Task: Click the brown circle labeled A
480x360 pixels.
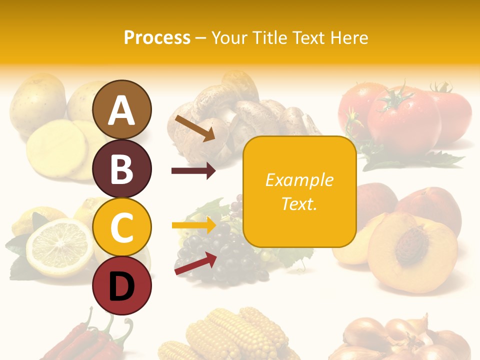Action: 122,109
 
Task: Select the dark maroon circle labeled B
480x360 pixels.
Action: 122,168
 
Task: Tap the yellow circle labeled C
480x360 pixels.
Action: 122,227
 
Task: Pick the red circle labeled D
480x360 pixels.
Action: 122,286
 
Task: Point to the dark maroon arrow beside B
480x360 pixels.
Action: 193,171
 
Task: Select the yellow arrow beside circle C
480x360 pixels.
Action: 193,225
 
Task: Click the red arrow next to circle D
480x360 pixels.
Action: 195,263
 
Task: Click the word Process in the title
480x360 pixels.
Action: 157,37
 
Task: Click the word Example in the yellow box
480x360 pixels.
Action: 299,180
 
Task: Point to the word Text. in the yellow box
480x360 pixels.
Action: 299,203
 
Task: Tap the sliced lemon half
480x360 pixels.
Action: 59,245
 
